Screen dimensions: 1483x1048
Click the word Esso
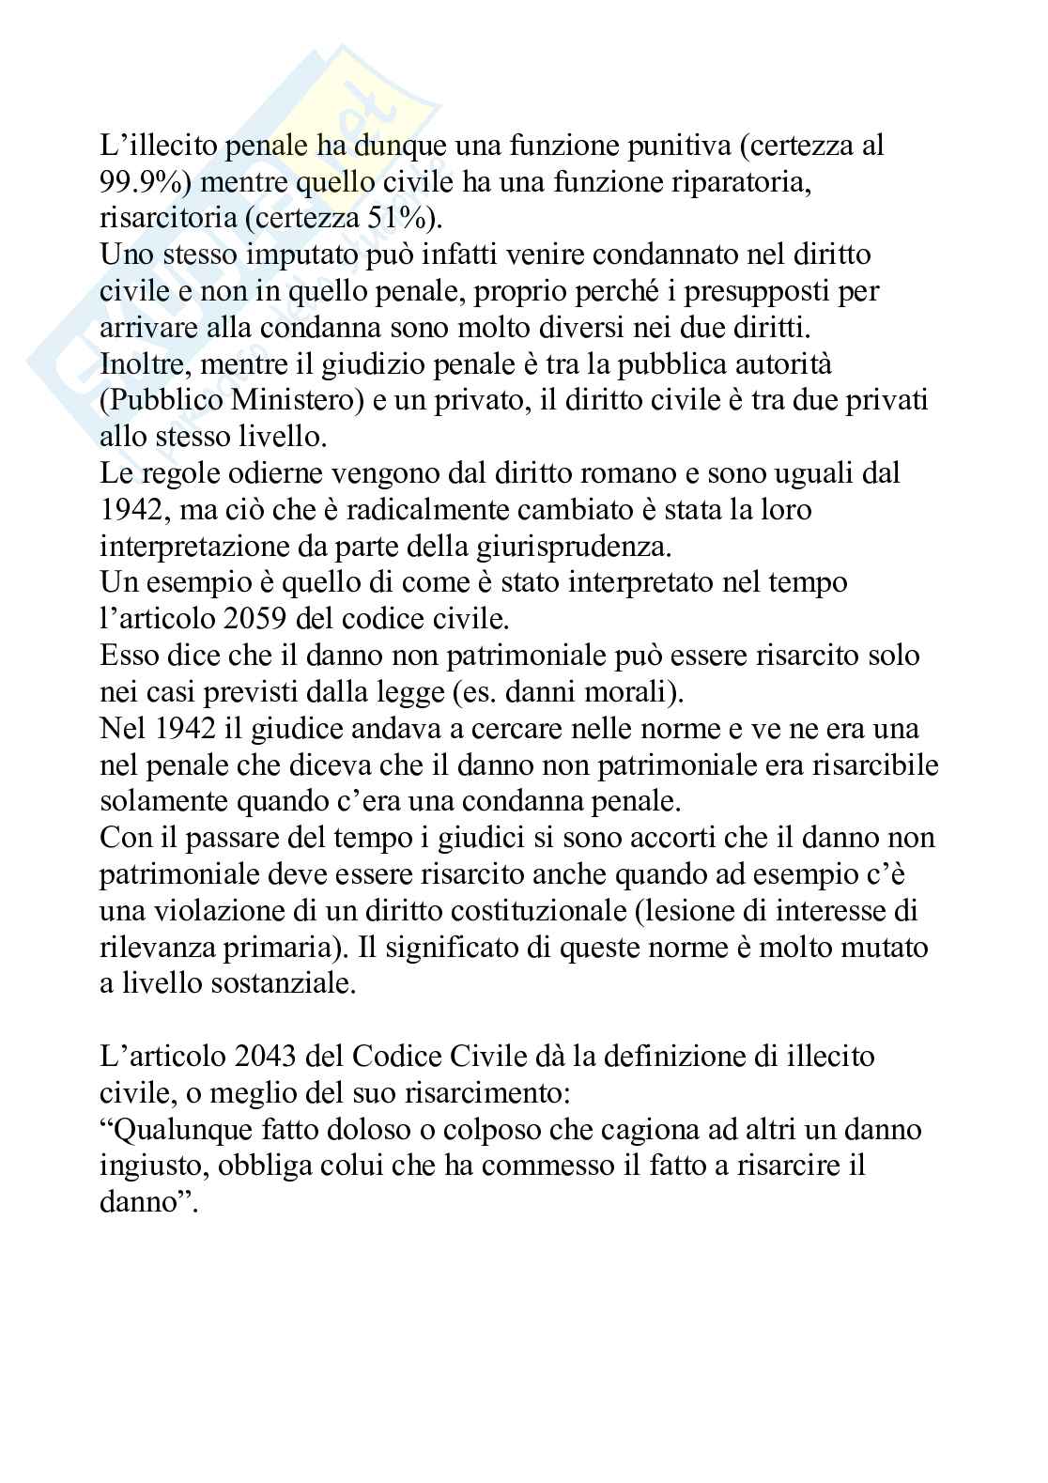pos(129,655)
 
